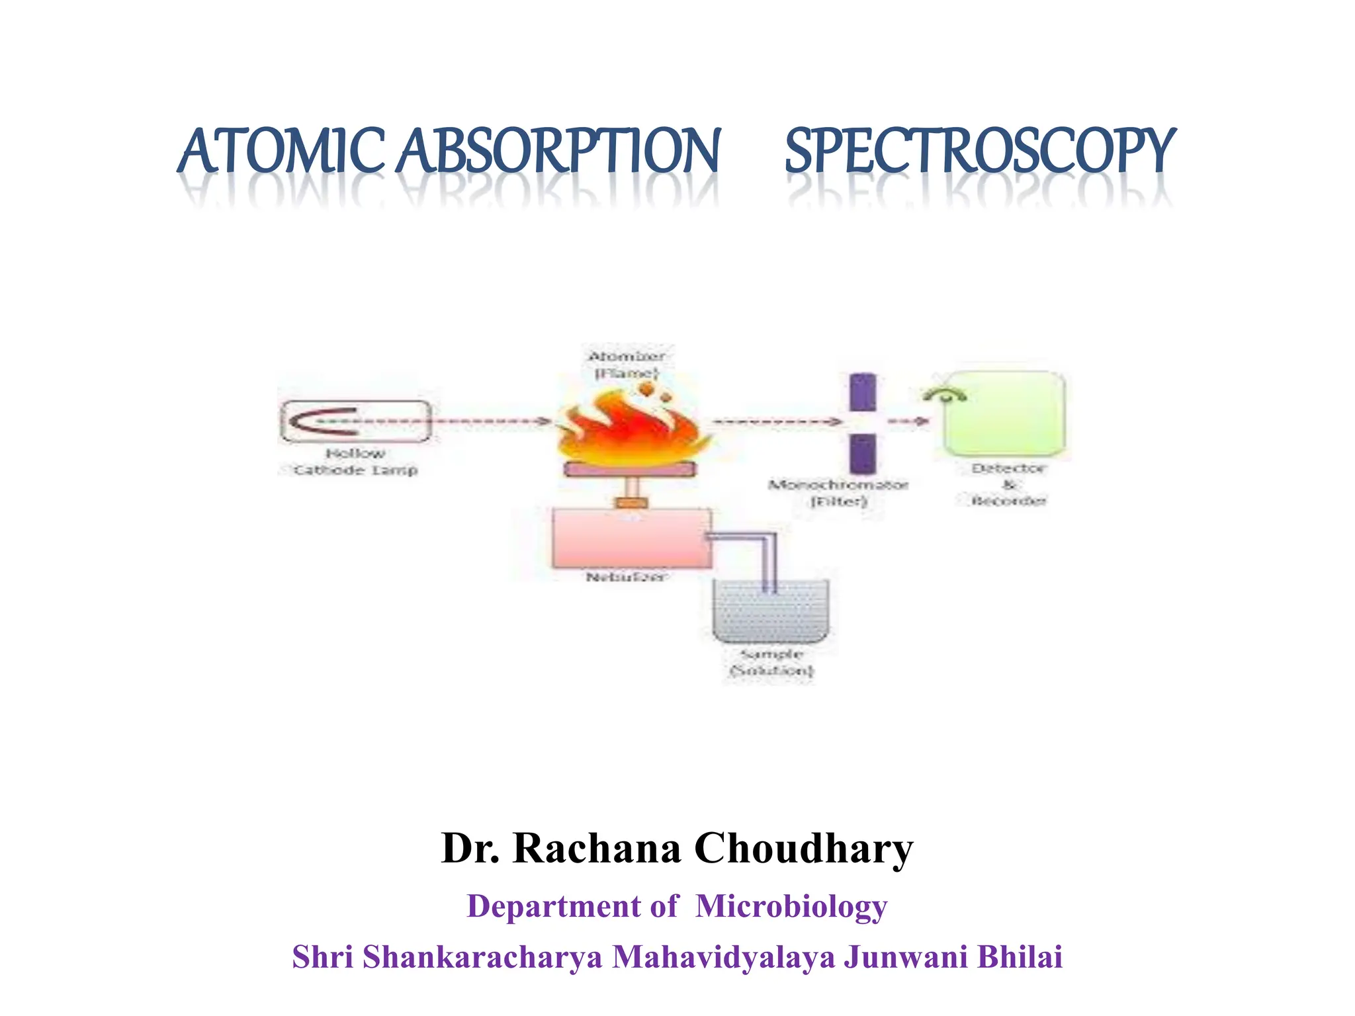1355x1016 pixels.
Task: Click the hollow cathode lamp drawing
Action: pos(355,421)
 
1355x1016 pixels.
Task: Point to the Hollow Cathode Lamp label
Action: pos(355,462)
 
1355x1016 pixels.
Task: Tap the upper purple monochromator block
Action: pos(862,392)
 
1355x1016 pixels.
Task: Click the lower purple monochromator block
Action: pos(862,453)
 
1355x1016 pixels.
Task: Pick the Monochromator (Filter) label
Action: pos(838,493)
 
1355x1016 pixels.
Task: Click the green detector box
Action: pos(1004,414)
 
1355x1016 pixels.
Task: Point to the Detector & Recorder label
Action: pos(1008,484)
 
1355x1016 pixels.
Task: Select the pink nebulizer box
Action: pos(632,537)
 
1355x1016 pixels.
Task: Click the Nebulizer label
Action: pos(626,577)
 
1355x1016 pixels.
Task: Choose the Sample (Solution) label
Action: pos(771,662)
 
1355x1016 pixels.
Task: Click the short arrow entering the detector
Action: pos(908,421)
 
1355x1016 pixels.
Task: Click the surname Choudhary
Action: pos(803,848)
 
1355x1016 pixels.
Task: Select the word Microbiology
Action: pos(791,906)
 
